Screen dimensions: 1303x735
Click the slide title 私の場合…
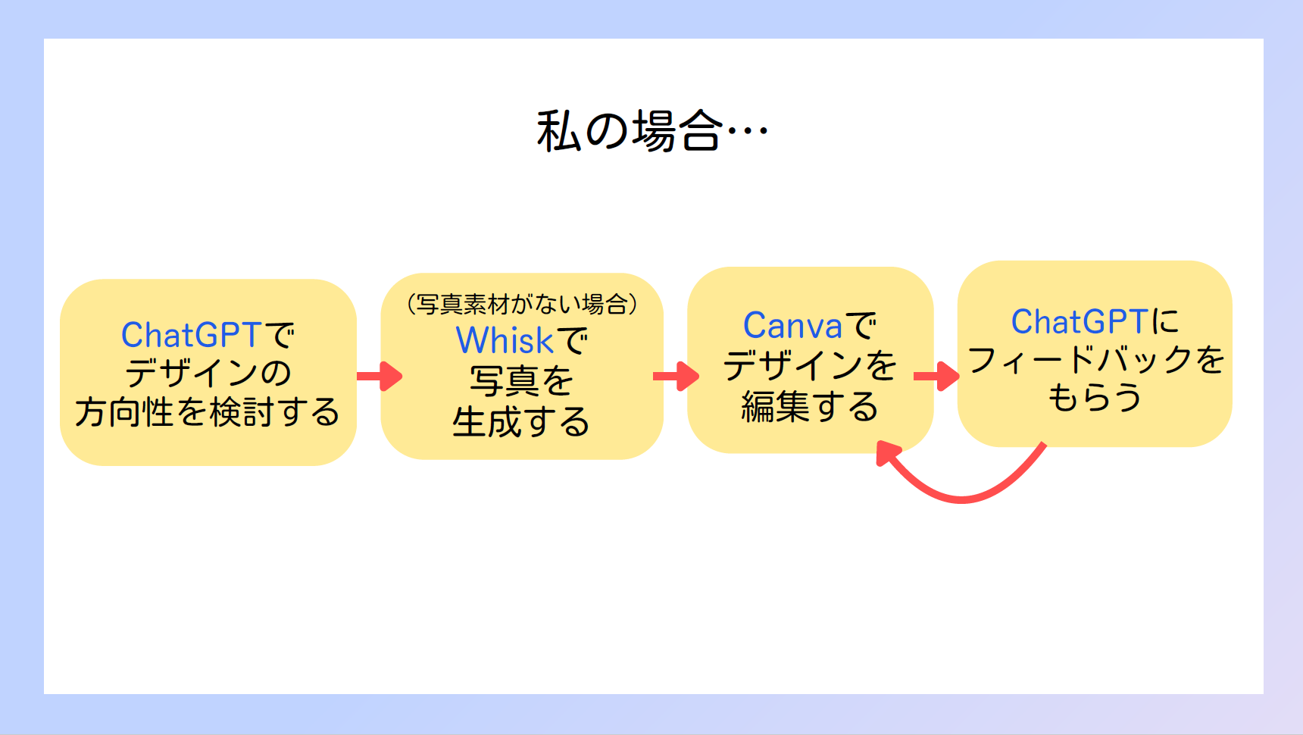click(x=652, y=131)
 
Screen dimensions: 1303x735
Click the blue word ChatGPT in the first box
click(x=192, y=335)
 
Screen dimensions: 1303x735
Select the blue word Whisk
click(x=505, y=340)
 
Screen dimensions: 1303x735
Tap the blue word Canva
click(x=792, y=326)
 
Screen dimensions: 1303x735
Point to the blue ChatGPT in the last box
click(x=1080, y=322)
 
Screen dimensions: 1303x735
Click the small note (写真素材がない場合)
click(x=522, y=304)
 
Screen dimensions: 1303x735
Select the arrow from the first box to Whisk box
click(x=380, y=376)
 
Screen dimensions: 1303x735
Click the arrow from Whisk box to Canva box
click(x=676, y=376)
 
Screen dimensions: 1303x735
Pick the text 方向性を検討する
click(x=207, y=412)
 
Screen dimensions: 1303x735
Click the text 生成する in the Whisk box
click(x=521, y=422)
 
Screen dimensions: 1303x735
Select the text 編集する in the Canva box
click(x=810, y=406)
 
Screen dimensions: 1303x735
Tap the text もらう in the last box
click(x=1095, y=397)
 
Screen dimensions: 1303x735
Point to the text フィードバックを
click(x=1095, y=359)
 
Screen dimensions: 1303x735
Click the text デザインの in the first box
click(x=208, y=373)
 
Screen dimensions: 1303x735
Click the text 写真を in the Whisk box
click(x=521, y=381)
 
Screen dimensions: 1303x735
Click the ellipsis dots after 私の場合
click(x=748, y=131)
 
